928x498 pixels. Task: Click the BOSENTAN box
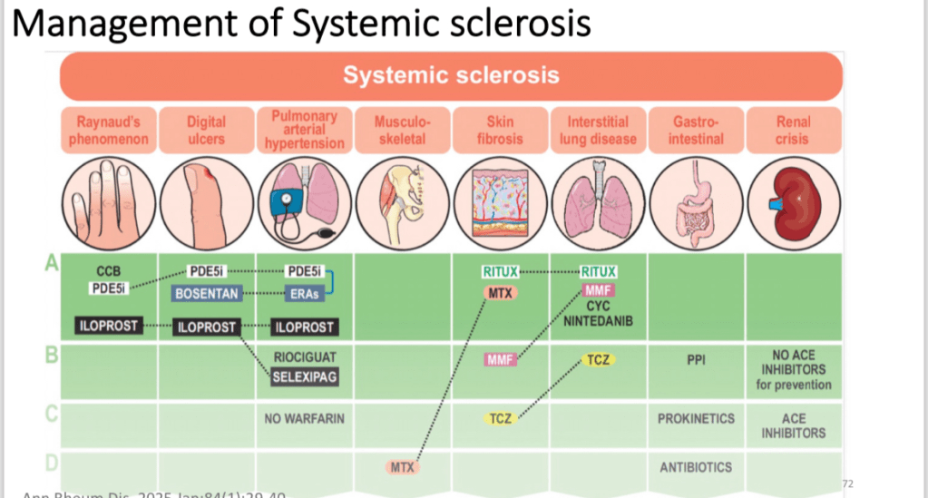point(206,293)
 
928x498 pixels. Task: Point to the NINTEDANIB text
point(598,321)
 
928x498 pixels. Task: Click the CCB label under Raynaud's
point(108,271)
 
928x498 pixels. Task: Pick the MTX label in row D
point(400,467)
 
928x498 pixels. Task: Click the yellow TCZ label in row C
point(501,418)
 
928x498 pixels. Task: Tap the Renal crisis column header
point(792,130)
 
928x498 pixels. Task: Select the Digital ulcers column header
point(206,130)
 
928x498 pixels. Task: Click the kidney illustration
point(792,206)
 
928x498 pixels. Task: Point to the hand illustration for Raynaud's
point(108,206)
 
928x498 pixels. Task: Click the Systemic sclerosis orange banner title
point(451,75)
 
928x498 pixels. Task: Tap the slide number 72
point(848,483)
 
